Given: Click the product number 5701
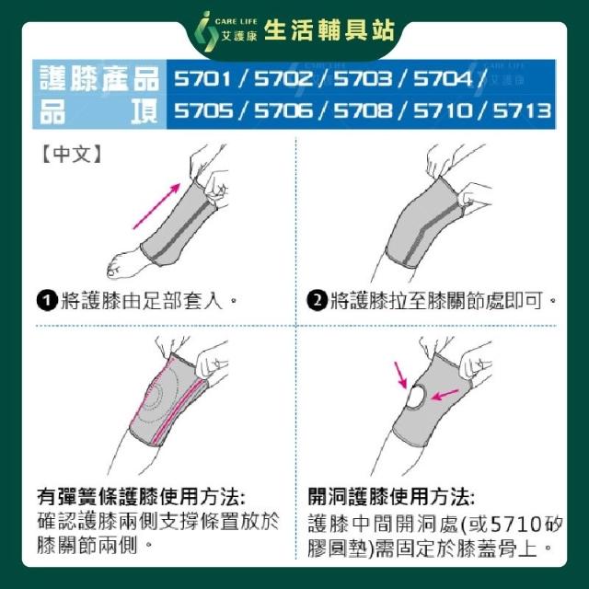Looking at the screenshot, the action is (202, 78).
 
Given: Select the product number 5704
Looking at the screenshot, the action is (443, 78).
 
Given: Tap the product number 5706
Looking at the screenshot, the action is (283, 110).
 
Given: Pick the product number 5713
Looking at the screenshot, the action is (522, 110).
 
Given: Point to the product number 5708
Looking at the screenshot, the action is (363, 110).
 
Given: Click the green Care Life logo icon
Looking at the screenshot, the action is (206, 31).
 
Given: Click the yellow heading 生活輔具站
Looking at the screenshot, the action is (329, 30).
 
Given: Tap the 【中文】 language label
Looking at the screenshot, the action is (71, 154).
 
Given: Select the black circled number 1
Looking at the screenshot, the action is (47, 301).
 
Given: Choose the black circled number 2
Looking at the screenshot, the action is (317, 301).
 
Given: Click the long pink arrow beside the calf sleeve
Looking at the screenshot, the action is (156, 206).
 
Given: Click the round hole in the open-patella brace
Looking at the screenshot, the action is (416, 398).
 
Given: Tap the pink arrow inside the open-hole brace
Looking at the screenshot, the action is (445, 395).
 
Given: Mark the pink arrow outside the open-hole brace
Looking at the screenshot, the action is (400, 375).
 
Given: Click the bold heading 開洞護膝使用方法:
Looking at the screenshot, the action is (391, 497).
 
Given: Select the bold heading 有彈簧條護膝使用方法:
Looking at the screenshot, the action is (141, 497).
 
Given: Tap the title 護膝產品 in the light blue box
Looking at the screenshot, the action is (99, 78).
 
